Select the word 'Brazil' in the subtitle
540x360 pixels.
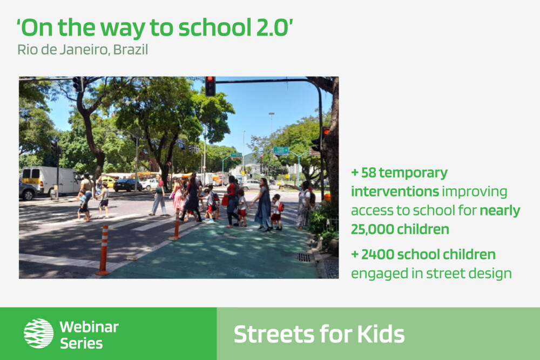point(131,50)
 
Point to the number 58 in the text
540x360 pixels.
point(368,173)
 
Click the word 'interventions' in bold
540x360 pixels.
point(395,192)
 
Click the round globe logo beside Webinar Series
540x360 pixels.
point(38,333)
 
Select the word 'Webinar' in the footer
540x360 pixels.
point(89,327)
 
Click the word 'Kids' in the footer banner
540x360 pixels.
point(381,334)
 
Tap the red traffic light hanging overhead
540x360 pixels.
point(210,86)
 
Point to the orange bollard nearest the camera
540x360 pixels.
point(103,250)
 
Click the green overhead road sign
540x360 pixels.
point(281,151)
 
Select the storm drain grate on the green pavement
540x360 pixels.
point(304,257)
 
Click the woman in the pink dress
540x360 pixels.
point(178,197)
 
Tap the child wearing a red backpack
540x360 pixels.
point(276,212)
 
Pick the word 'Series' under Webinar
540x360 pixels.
point(82,343)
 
